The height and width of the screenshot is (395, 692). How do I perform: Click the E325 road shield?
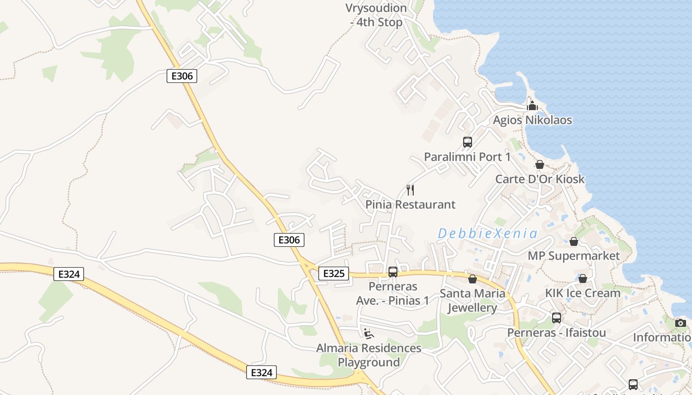coord(334,273)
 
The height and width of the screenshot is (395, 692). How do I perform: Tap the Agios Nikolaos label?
coord(532,120)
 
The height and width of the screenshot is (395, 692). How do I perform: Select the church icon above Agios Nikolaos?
coord(532,106)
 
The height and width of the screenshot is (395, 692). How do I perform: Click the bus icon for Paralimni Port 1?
coord(468,142)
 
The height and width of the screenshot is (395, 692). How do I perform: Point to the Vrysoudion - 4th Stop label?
coord(376,15)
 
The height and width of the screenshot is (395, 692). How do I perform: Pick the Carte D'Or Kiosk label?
coord(540,179)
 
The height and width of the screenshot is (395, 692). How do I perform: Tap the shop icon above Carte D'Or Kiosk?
coord(540,164)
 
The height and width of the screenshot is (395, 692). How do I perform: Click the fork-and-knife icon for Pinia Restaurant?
coord(410,190)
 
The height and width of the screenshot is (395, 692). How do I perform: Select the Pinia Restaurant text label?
coord(410,204)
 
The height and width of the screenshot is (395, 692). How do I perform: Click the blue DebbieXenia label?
coord(487,233)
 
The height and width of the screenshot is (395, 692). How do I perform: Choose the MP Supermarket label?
coord(573,256)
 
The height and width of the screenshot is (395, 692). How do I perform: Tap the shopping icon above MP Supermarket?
coord(574,241)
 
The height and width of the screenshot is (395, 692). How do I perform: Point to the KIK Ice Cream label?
coord(583,293)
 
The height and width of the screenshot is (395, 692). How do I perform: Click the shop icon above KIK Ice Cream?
coord(583,278)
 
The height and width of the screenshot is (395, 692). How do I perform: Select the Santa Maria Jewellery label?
coord(473,300)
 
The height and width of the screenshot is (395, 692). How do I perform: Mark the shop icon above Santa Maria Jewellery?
coord(473,279)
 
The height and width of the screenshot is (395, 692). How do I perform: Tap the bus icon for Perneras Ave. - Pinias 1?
coord(393,272)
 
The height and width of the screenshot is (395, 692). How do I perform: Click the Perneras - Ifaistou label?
coord(557,332)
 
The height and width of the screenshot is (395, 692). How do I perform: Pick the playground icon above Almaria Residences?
coord(369,334)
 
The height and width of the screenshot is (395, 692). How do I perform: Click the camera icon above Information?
coord(681,323)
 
